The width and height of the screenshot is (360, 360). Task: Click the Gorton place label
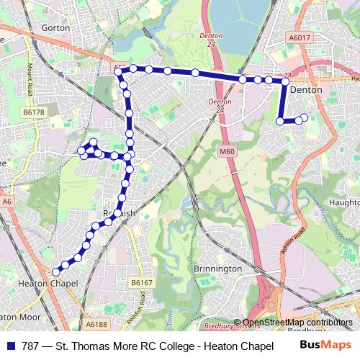[55, 27]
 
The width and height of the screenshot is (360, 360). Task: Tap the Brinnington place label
[218, 269]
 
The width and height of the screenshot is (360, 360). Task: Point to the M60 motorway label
[228, 151]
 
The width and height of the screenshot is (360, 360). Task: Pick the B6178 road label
[33, 112]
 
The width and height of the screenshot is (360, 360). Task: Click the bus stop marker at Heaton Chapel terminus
[56, 272]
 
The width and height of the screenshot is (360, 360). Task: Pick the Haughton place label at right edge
[344, 204]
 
